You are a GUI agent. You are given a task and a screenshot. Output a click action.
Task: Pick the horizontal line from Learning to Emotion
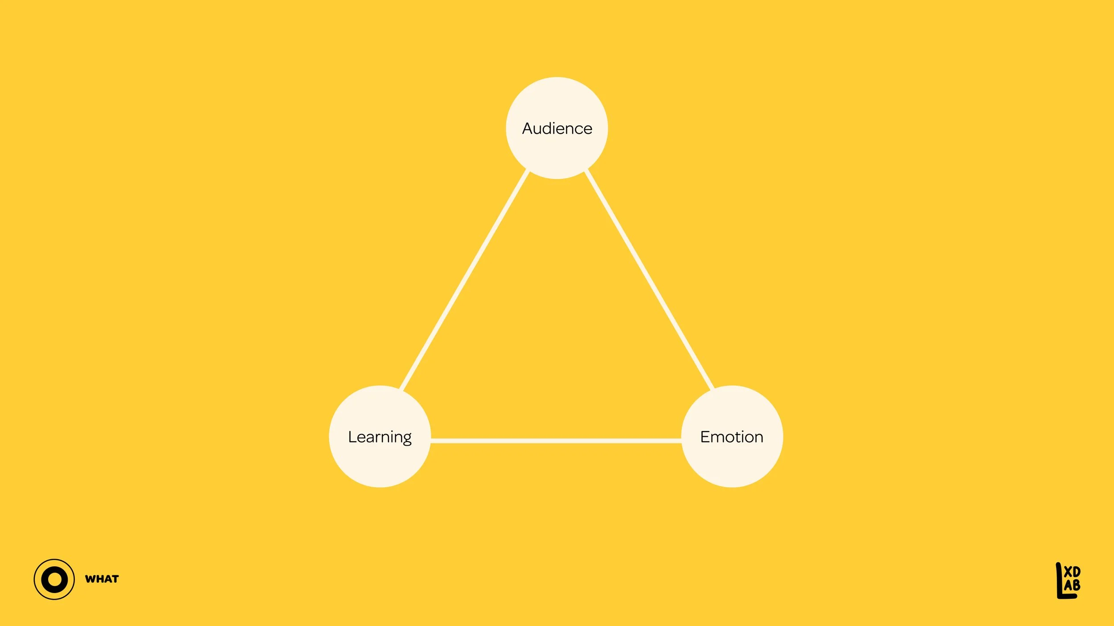pos(556,441)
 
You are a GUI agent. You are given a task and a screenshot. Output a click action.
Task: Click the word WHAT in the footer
pos(102,579)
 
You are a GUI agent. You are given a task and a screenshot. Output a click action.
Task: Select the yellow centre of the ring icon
pos(54,579)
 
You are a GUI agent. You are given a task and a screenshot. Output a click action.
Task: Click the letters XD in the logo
pos(1072,572)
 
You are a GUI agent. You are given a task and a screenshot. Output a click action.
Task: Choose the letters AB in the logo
pos(1072,585)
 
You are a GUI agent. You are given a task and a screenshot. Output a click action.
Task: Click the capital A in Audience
pos(528,129)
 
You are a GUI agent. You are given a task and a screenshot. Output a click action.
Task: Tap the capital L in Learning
pos(352,437)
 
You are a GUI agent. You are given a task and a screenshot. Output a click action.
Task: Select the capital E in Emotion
pos(705,437)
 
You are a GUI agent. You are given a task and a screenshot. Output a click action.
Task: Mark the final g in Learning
pos(406,439)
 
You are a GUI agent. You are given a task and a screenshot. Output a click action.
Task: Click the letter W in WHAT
pos(91,579)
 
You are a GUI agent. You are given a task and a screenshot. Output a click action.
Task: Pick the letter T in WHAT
pos(115,579)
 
